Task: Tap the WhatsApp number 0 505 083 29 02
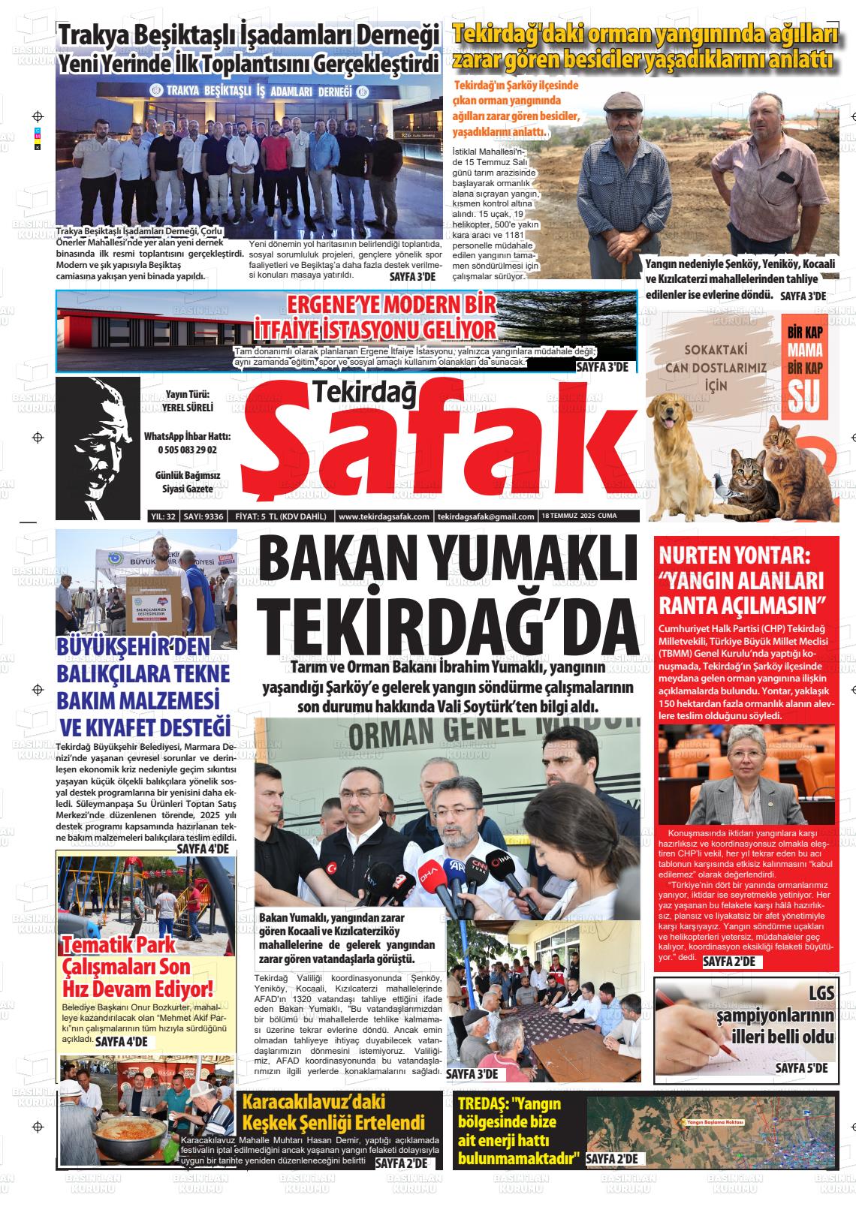187,450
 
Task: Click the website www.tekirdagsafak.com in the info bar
384,516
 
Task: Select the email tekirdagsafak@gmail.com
486,516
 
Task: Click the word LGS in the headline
821,993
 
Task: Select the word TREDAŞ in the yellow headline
484,1104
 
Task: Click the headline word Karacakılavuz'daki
313,1101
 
